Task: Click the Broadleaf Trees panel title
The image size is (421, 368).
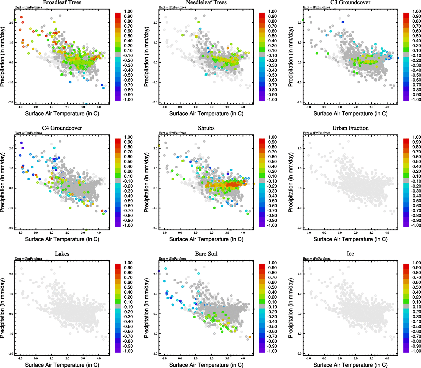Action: tap(62, 2)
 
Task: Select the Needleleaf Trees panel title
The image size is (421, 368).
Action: tap(206, 2)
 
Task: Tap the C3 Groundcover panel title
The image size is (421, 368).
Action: tap(350, 2)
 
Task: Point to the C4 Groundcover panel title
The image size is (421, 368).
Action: tap(62, 128)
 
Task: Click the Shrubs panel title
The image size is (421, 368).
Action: tap(206, 128)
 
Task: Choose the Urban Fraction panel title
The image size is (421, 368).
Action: tap(350, 128)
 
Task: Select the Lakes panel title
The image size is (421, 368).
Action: tap(62, 254)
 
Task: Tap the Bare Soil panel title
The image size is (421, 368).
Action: tap(206, 254)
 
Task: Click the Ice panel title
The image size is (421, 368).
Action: tap(350, 254)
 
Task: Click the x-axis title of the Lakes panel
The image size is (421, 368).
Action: tap(62, 365)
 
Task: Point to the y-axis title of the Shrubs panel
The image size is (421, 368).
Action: tap(147, 182)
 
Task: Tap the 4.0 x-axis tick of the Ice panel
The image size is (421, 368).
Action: tap(387, 358)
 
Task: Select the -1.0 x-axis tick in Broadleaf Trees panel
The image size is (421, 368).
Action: tap(20, 107)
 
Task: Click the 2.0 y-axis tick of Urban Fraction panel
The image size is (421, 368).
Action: tap(299, 148)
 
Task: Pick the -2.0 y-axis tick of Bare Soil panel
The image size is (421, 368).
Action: tap(155, 354)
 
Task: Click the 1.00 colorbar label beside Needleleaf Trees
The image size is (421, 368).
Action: tap(272, 11)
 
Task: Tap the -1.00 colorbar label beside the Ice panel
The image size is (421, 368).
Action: tap(416, 351)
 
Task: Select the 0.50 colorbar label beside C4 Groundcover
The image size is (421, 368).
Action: tap(128, 162)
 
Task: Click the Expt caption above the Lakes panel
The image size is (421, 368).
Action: tap(28, 259)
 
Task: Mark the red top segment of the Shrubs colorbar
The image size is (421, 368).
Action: tap(262, 141)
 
